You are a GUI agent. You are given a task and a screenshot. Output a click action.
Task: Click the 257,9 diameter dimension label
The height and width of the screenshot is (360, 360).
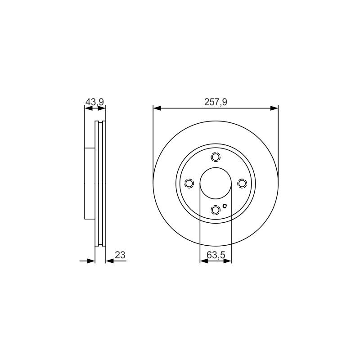pyautogui.click(x=216, y=102)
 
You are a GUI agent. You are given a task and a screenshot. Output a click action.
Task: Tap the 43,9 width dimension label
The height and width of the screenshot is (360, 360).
pyautogui.click(x=94, y=102)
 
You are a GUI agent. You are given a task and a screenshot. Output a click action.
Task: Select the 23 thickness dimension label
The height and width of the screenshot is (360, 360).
pyautogui.click(x=120, y=255)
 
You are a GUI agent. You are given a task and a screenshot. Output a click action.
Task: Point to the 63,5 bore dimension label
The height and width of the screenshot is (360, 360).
pyautogui.click(x=216, y=255)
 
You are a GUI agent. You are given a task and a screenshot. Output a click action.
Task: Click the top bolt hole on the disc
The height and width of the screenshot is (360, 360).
pyautogui.click(x=216, y=157)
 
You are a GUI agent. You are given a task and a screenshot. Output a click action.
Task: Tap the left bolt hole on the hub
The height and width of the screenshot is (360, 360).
pyautogui.click(x=189, y=184)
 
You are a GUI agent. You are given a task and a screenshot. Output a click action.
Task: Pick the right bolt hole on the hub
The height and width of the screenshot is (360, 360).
pyautogui.click(x=242, y=184)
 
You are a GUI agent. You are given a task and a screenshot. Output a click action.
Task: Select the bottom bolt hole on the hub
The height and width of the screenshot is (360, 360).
pyautogui.click(x=216, y=210)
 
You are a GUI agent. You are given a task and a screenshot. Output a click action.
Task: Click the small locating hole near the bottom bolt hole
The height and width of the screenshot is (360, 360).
pyautogui.click(x=225, y=206)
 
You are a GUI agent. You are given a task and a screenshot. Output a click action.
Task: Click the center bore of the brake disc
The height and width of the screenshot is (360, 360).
pyautogui.click(x=216, y=184)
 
